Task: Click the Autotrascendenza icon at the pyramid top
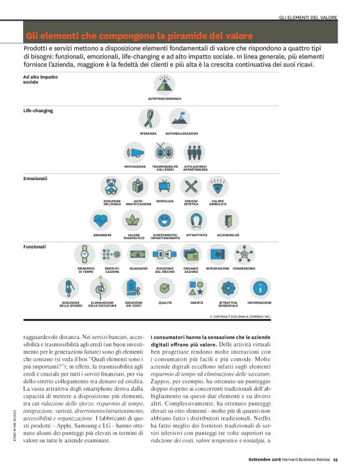(165, 84)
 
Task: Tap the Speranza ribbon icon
(149, 119)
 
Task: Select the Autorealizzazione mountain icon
(181, 119)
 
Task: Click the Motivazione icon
(135, 151)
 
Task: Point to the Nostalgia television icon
(165, 186)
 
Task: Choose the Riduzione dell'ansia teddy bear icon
(112, 186)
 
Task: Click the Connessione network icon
(244, 254)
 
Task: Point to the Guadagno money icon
(139, 254)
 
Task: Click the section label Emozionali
(35, 178)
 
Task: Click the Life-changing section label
(38, 110)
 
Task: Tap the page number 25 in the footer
(335, 460)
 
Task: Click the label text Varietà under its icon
(196, 302)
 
